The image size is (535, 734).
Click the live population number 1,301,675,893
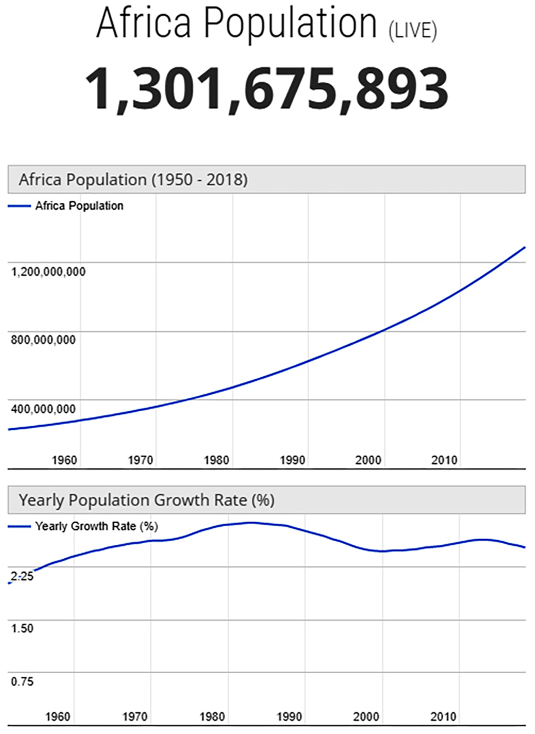tap(267, 89)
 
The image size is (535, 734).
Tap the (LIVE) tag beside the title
tap(413, 31)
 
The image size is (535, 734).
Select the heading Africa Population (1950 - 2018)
tap(133, 180)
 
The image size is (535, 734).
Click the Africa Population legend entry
tap(79, 206)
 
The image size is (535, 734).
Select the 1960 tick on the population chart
tap(64, 460)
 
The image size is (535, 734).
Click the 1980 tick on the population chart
tap(216, 460)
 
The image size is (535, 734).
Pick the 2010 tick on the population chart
tap(444, 460)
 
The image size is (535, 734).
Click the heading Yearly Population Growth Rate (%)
tap(146, 500)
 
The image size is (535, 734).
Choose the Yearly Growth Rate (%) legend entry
tap(96, 527)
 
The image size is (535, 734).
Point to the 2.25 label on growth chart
tap(22, 576)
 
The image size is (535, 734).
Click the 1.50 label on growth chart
tap(22, 629)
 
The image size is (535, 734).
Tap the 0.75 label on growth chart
tap(22, 682)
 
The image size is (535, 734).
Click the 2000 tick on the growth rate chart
tap(366, 717)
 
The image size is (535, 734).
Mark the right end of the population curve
tap(524, 247)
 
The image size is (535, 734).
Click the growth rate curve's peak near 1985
tap(251, 523)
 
